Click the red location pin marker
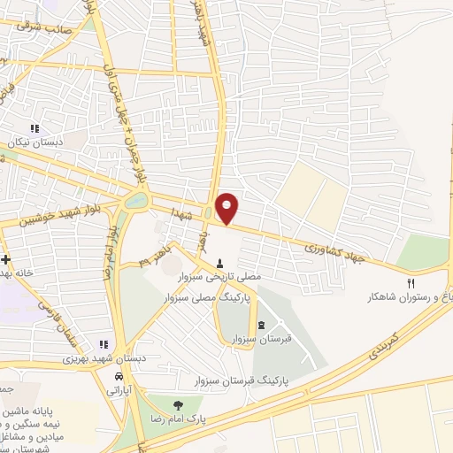coord(227,208)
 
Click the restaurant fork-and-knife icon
coord(411,283)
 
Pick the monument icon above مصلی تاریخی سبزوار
coord(219,263)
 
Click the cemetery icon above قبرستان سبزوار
coord(260,325)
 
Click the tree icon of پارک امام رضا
coord(178,404)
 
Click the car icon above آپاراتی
coord(118,375)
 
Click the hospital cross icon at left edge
coord(6,259)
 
